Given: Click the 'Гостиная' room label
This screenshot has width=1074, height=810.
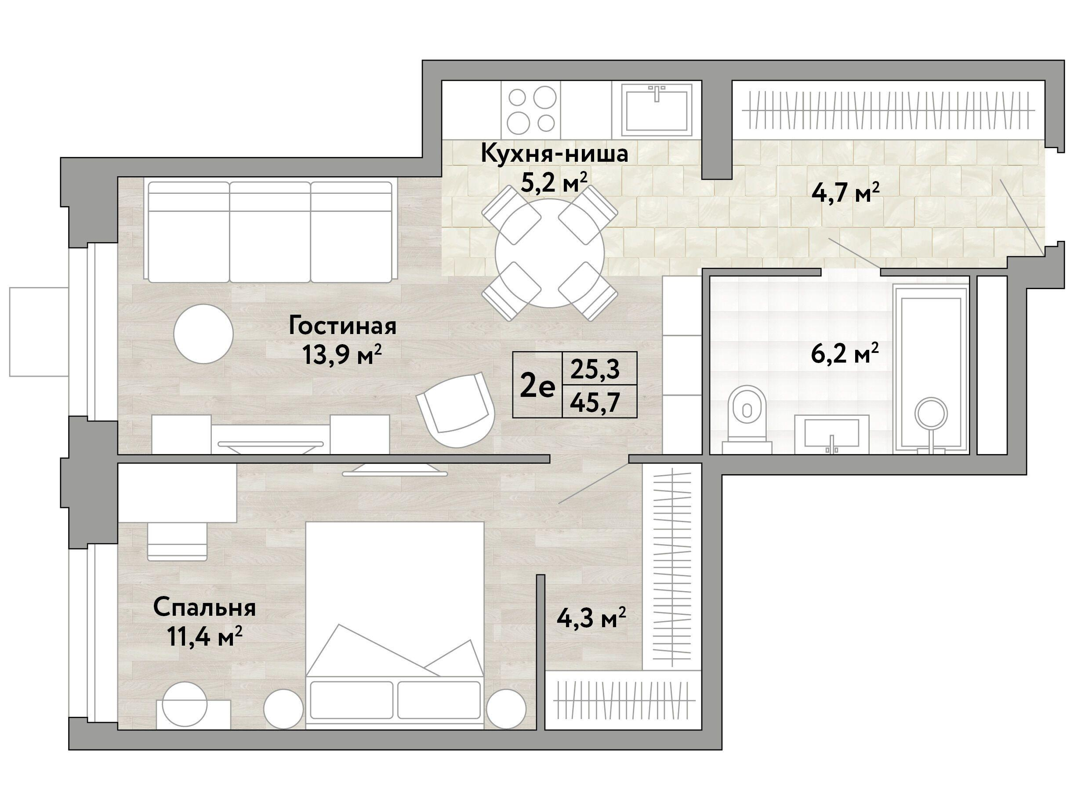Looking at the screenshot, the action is click(342, 326).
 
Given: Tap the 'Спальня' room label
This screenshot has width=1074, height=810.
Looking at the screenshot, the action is click(204, 608).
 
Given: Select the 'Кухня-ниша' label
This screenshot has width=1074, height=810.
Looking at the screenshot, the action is click(555, 154).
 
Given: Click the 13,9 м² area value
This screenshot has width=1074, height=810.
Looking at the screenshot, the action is click(342, 355).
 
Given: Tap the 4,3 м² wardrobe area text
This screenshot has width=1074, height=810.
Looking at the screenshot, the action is click(591, 619).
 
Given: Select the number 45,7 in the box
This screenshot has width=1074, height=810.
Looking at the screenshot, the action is click(596, 403).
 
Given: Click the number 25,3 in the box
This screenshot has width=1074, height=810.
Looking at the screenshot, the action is click(595, 369).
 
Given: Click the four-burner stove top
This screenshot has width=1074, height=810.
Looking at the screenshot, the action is click(532, 110).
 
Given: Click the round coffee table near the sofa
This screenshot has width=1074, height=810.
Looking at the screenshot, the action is click(203, 334).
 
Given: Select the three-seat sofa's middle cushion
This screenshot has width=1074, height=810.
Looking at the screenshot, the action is click(269, 232).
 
